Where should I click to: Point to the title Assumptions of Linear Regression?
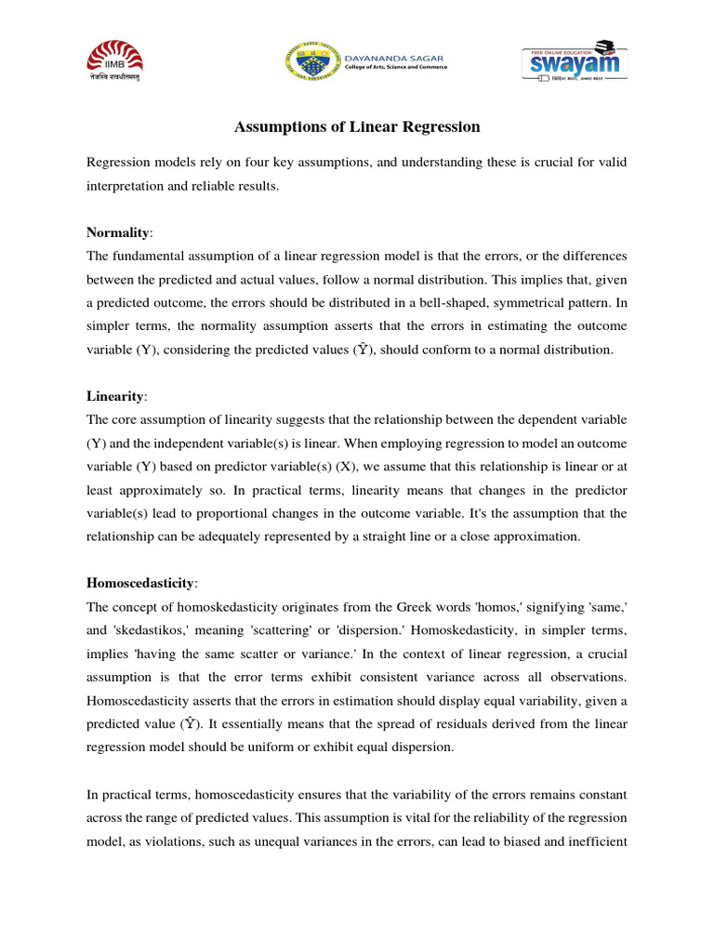pos(356,126)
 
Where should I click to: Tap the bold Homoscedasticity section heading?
pos(140,583)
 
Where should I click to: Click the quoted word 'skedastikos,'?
pos(155,631)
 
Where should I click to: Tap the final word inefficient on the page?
pos(596,841)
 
